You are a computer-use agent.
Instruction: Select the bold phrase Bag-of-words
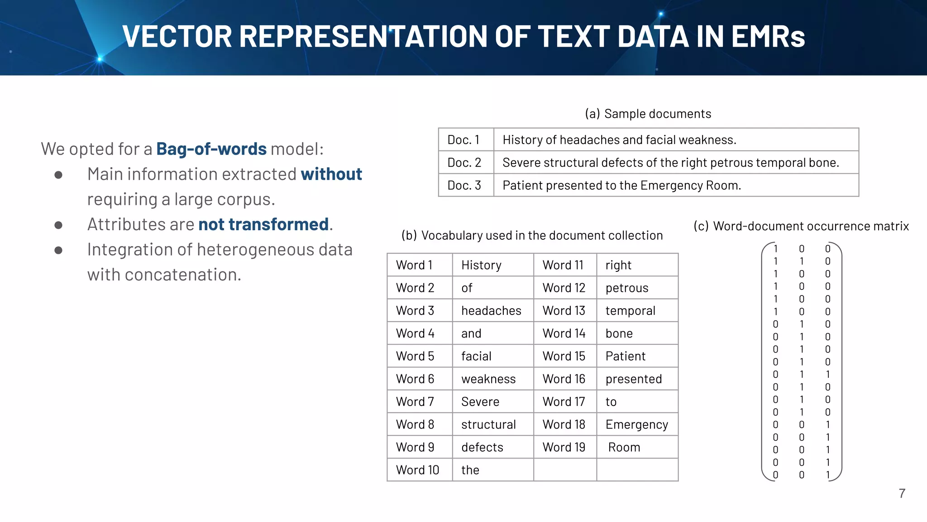tap(211, 149)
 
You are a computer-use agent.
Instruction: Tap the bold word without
tap(331, 174)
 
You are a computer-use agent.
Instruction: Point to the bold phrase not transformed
tap(263, 225)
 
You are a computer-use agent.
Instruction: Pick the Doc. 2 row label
tap(464, 163)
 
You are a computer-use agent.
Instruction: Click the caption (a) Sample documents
tap(648, 114)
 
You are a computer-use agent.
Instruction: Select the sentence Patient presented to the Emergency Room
tap(621, 185)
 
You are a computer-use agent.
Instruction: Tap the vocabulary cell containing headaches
tap(491, 311)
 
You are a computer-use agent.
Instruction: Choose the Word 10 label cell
tap(417, 470)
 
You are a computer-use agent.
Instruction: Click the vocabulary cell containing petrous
tap(627, 288)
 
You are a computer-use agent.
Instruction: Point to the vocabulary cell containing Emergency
tap(636, 425)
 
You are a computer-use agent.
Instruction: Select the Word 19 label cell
tap(564, 447)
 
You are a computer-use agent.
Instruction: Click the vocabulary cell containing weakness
tap(488, 379)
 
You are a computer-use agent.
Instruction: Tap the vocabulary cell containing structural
tap(488, 425)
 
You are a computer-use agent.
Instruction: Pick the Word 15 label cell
tap(564, 357)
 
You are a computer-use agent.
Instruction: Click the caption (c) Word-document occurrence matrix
tap(801, 226)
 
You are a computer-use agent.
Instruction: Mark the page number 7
tap(902, 493)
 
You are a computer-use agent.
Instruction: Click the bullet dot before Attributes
tap(58, 225)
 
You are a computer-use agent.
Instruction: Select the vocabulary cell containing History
tap(481, 266)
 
